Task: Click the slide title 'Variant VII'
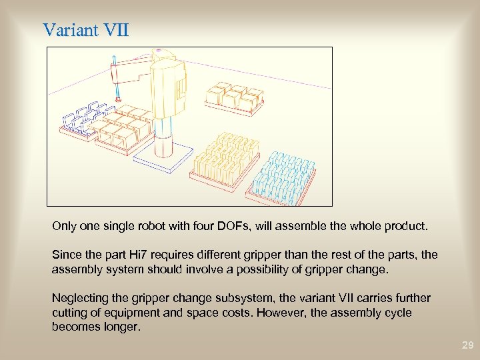85,31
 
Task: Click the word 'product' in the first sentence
405,227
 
